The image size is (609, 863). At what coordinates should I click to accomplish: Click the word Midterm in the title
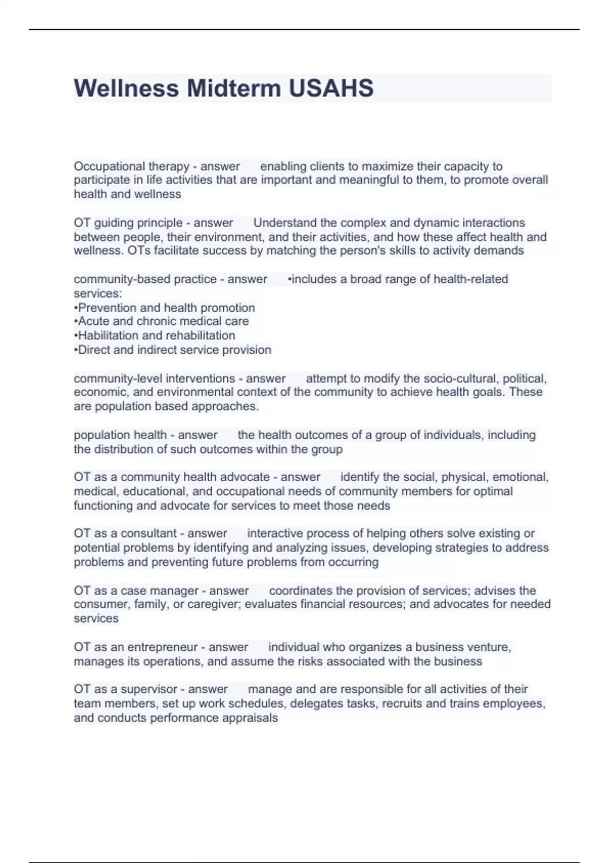234,88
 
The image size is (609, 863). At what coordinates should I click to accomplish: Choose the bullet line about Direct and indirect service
173,350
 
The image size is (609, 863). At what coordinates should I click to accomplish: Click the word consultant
149,534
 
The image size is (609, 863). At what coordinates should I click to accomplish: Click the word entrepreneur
162,647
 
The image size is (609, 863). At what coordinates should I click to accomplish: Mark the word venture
488,647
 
